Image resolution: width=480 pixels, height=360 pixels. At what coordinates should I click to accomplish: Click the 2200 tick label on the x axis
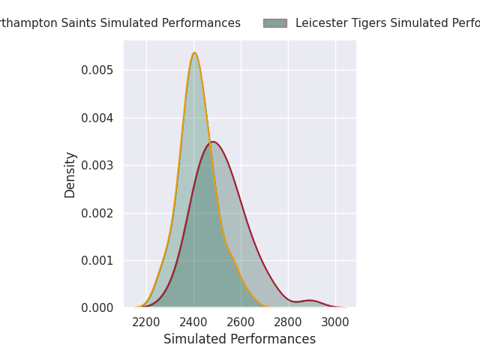(146, 322)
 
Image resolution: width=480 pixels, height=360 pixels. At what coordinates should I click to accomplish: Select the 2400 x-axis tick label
(193, 322)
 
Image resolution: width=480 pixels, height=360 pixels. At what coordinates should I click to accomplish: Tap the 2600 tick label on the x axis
(241, 322)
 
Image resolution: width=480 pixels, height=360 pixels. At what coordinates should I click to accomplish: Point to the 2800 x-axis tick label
(288, 322)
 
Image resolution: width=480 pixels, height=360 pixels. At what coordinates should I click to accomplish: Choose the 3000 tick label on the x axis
(335, 322)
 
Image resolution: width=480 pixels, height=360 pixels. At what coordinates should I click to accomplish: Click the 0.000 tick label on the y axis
(97, 308)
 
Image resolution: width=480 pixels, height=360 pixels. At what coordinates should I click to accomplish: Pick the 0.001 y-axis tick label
(97, 260)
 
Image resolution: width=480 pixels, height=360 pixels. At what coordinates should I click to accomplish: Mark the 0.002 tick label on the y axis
(97, 213)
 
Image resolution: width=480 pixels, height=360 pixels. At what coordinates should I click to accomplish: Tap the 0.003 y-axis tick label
(97, 165)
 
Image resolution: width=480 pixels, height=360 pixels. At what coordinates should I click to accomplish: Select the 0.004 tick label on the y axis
(97, 118)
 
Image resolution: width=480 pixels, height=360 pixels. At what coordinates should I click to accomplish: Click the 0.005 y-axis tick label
(97, 70)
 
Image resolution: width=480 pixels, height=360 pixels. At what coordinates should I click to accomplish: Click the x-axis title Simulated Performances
(239, 340)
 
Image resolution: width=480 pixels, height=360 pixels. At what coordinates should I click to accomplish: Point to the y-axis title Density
(70, 175)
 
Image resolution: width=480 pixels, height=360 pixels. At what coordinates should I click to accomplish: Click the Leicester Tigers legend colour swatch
(274, 23)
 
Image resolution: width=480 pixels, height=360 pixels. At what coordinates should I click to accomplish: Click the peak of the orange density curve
(194, 52)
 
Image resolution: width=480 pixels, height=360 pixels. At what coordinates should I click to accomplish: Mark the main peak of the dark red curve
(213, 142)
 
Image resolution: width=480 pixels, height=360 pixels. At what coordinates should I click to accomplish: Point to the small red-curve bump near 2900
(309, 300)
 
